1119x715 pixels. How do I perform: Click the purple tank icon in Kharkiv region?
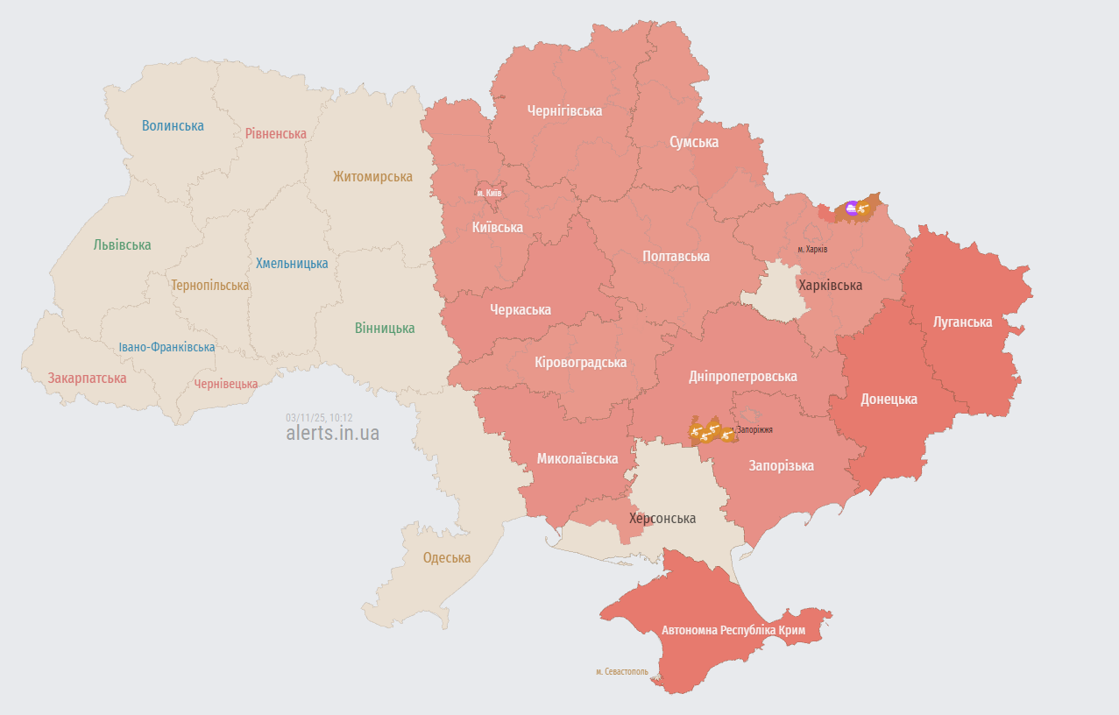click(851, 209)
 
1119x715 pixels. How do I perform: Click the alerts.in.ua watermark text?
click(332, 433)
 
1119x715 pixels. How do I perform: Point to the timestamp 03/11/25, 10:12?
click(319, 417)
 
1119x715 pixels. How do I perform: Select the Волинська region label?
click(173, 125)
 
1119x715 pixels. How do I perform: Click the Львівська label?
click(122, 244)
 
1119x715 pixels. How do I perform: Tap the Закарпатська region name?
click(87, 378)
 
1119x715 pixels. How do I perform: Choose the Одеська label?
click(446, 557)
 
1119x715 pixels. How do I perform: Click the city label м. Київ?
click(489, 192)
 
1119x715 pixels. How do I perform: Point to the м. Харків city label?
click(812, 249)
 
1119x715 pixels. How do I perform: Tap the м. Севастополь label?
click(622, 671)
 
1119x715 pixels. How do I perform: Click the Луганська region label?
click(962, 322)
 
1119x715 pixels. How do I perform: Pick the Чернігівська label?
click(564, 110)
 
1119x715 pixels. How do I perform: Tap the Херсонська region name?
click(662, 518)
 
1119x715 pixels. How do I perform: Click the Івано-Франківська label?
click(166, 347)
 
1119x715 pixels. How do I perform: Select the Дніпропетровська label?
click(742, 376)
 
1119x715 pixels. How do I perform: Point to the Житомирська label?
click(372, 176)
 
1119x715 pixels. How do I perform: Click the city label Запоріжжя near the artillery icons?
click(754, 430)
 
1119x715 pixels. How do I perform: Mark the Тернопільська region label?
click(209, 285)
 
